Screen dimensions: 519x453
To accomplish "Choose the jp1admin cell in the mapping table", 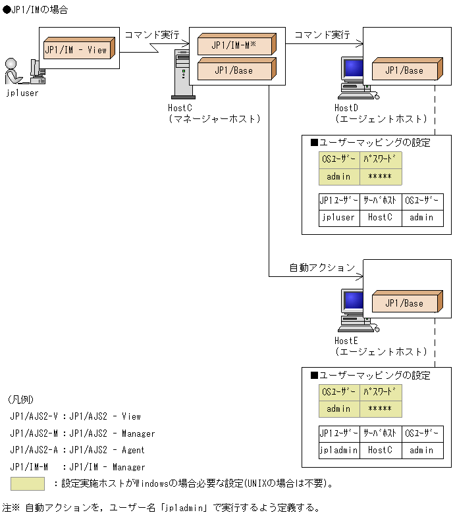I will click(338, 451).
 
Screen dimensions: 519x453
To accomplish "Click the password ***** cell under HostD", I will click(381, 177).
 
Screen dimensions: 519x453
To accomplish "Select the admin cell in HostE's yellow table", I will click(339, 409).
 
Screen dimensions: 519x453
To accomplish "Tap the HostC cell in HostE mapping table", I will click(381, 451).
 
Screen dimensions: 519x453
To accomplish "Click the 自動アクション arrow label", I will click(322, 268).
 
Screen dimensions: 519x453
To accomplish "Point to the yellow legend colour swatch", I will click(27, 483).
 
